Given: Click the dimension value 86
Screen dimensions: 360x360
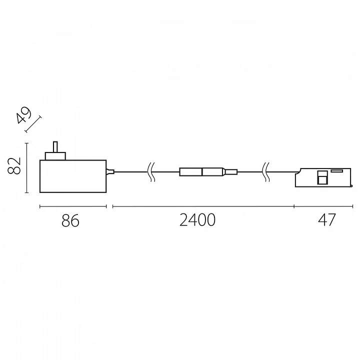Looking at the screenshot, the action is coord(70,220).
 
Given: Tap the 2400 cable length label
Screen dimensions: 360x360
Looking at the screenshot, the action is coord(197,220).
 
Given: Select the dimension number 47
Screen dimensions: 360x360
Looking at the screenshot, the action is coord(327,220).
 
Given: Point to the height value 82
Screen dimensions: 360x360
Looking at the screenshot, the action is coord(14,166).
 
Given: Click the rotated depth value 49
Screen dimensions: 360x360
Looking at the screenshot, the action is coord(23,115).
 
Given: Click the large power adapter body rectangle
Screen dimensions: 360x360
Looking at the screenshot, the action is coord(73,176).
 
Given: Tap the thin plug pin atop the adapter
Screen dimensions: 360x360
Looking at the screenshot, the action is coord(55,147).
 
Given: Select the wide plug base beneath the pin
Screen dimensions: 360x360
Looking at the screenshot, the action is coord(55,156).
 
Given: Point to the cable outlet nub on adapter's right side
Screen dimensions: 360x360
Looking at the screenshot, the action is coord(110,171).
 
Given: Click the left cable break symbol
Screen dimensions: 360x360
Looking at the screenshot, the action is coord(151,172).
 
